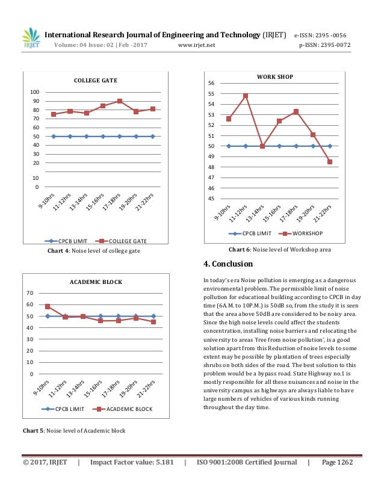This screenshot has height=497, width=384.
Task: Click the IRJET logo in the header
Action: [29, 37]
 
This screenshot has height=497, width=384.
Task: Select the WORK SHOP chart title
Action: [274, 77]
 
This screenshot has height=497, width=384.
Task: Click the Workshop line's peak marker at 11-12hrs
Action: [246, 96]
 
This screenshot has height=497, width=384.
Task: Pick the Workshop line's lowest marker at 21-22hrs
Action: [330, 161]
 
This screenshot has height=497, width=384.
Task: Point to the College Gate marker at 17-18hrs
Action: [120, 101]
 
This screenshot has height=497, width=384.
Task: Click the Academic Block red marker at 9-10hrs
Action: [48, 307]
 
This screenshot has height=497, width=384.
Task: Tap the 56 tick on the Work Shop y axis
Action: [211, 83]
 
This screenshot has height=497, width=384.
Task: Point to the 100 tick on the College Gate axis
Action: [35, 92]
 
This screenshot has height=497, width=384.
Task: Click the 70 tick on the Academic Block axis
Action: [29, 293]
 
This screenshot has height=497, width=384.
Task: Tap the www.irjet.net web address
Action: [197, 45]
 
